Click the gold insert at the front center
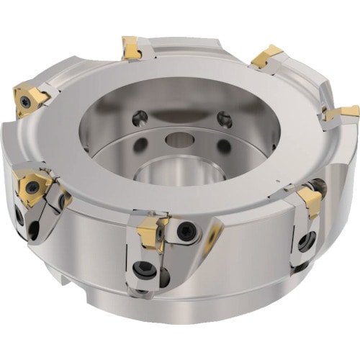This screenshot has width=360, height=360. pyautogui.click(x=151, y=231)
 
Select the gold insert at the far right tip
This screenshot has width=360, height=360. pyautogui.click(x=342, y=113)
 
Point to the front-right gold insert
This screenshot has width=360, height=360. pyautogui.click(x=310, y=201)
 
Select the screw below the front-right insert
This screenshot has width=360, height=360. pyautogui.click(x=306, y=242)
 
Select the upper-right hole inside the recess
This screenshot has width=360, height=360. pyautogui.click(x=225, y=120)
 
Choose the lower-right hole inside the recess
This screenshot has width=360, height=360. pyautogui.click(x=224, y=146)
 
